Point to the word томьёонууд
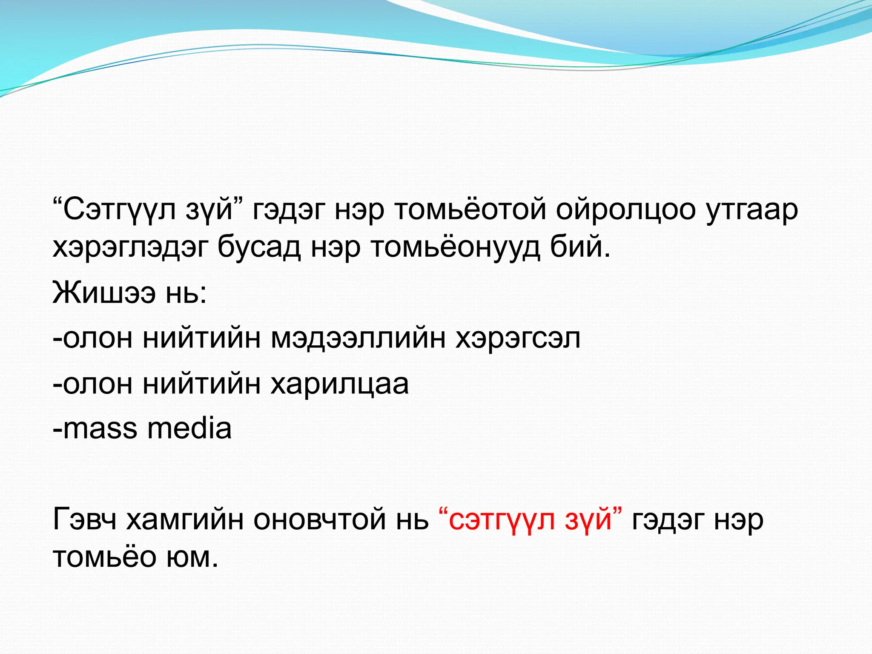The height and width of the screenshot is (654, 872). tap(455, 248)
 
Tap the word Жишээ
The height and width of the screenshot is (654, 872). tap(104, 293)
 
